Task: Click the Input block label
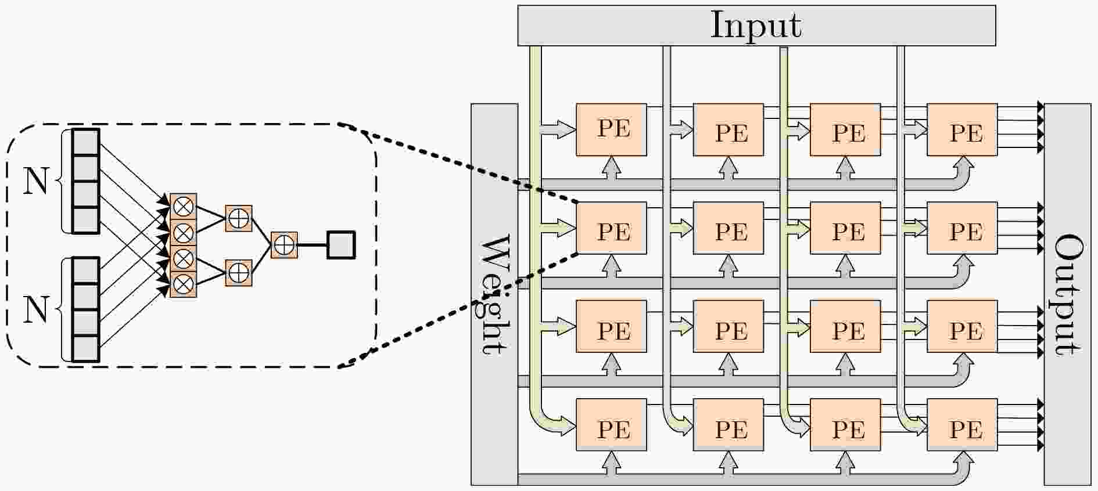[x=756, y=26]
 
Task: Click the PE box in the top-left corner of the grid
[x=611, y=129]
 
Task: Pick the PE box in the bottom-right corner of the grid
[x=962, y=424]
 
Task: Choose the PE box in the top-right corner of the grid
[x=962, y=129]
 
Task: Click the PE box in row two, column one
[x=611, y=228]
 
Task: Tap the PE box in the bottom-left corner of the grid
[x=611, y=424]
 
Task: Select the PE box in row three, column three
[x=845, y=326]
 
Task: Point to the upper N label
[x=35, y=181]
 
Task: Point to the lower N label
[x=35, y=309]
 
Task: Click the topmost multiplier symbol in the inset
[x=184, y=206]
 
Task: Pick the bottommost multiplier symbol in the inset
[x=184, y=284]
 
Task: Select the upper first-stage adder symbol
[x=238, y=218]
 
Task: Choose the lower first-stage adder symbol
[x=238, y=272]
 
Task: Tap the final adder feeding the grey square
[x=284, y=245]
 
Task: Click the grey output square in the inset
[x=341, y=245]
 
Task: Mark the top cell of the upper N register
[x=86, y=142]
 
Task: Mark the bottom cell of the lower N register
[x=86, y=348]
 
